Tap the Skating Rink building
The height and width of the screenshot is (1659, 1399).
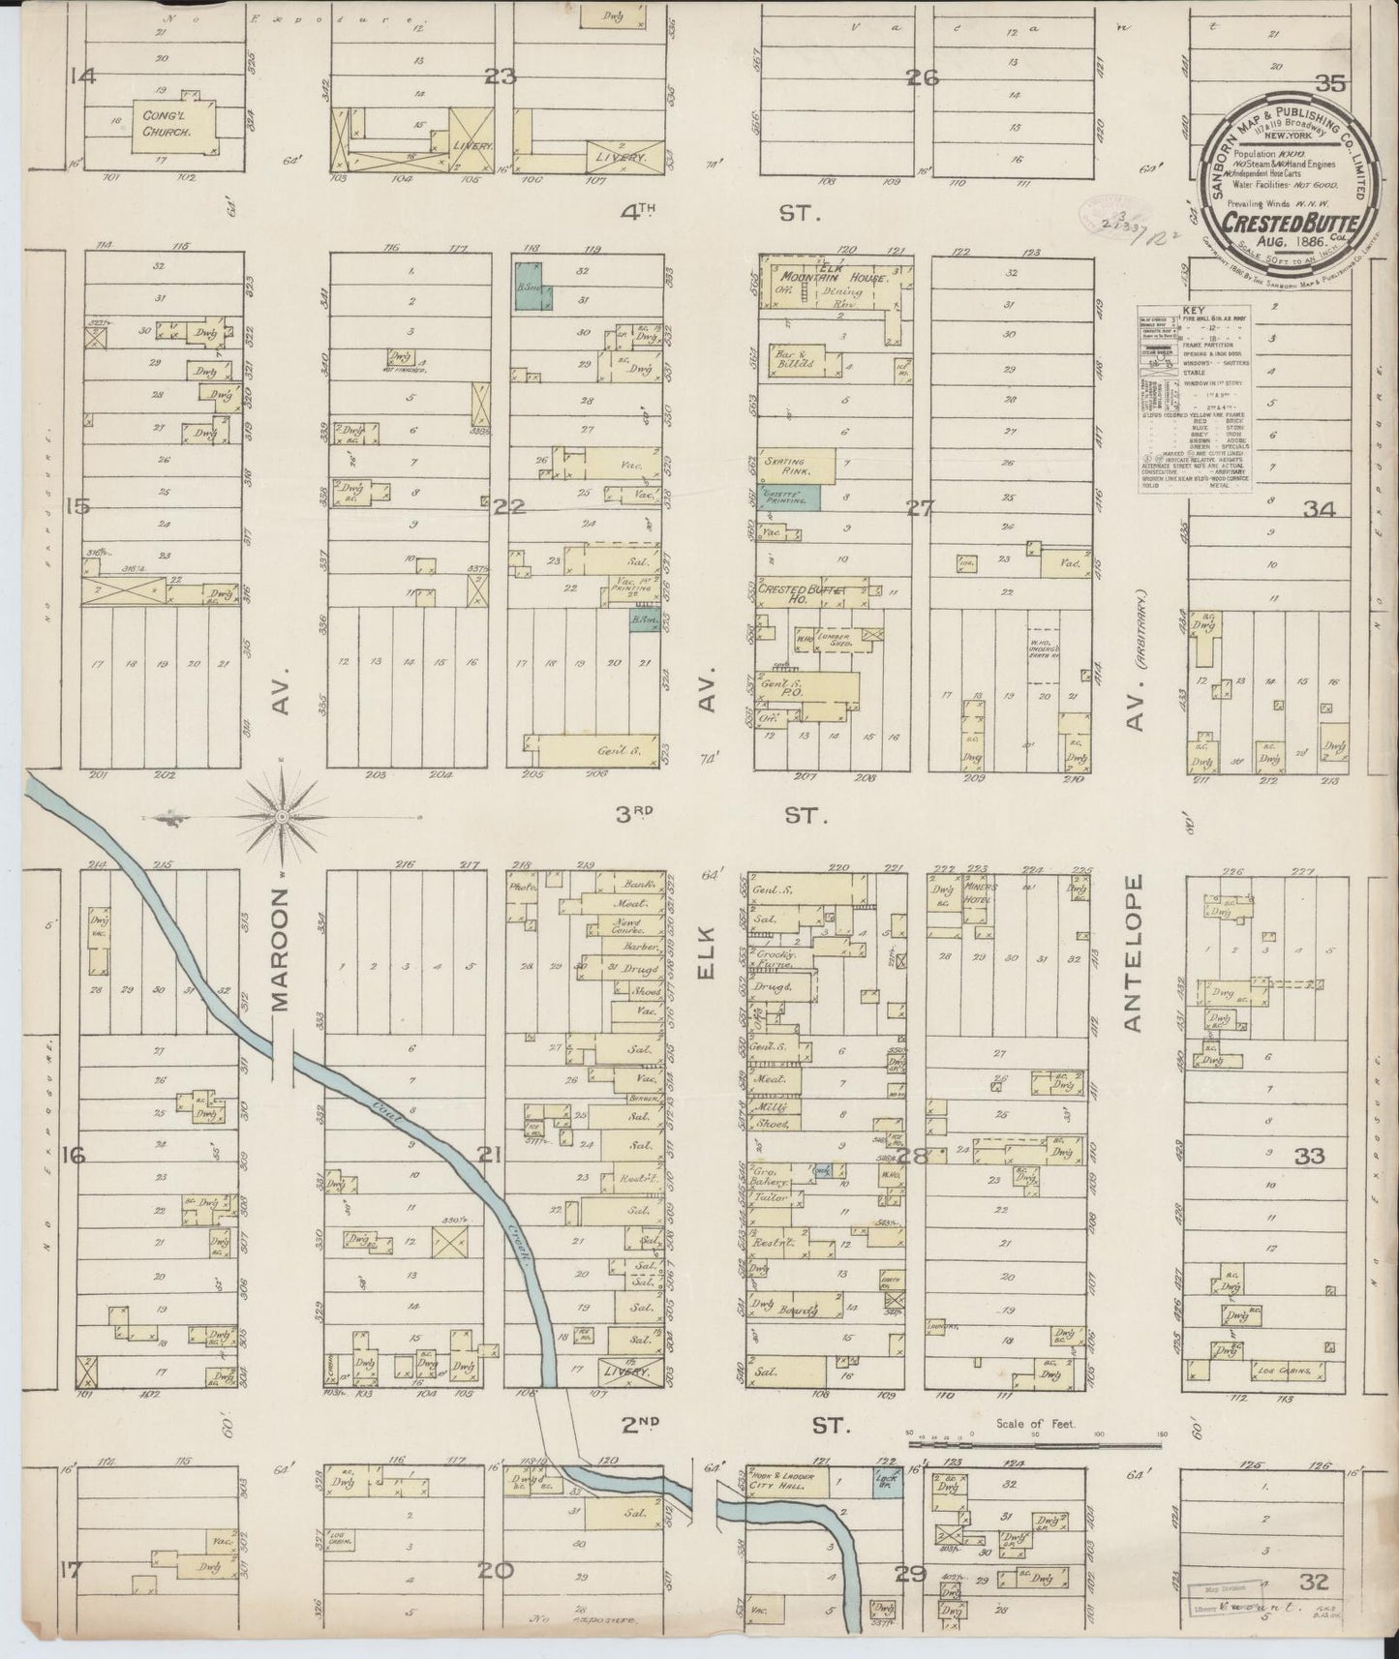[x=798, y=467]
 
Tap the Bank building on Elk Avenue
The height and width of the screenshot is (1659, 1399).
[x=641, y=884]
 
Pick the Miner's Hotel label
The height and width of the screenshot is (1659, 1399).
[x=981, y=890]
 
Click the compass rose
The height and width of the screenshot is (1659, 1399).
[x=282, y=818]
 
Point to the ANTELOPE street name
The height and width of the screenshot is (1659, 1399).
[x=1135, y=953]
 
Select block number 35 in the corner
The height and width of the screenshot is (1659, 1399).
[x=1330, y=84]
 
